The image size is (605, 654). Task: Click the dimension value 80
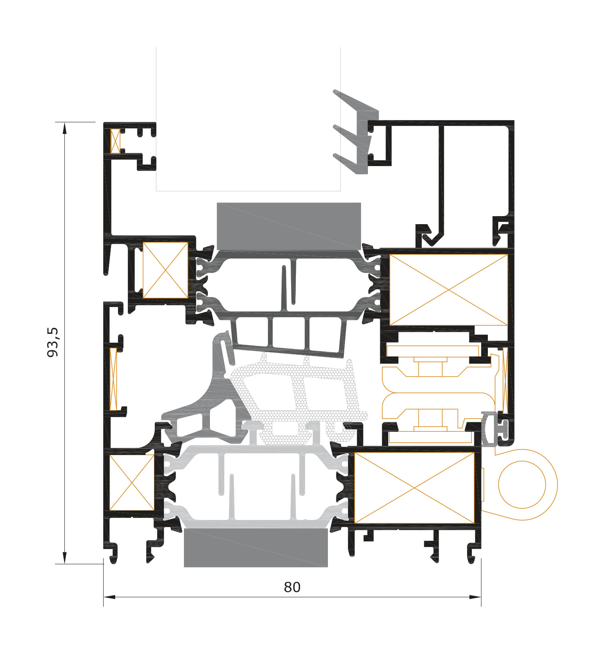[292, 587]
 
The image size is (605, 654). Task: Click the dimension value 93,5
[53, 342]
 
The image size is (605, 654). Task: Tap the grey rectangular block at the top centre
[289, 226]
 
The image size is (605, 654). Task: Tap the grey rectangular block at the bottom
[256, 548]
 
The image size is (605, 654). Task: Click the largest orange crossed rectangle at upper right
[449, 290]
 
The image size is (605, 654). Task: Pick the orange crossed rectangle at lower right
[414, 488]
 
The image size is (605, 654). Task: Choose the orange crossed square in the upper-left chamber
[166, 270]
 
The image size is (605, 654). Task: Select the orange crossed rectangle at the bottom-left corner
[132, 483]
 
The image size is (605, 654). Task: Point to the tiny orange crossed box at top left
[115, 141]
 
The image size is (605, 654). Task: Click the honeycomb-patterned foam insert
[298, 400]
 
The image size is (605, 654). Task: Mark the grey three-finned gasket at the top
[356, 132]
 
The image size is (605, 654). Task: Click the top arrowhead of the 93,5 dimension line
[64, 128]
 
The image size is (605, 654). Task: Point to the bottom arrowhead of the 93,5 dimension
[64, 558]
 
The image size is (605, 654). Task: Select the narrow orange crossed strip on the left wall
[114, 379]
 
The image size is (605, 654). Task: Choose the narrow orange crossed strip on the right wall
[505, 380]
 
